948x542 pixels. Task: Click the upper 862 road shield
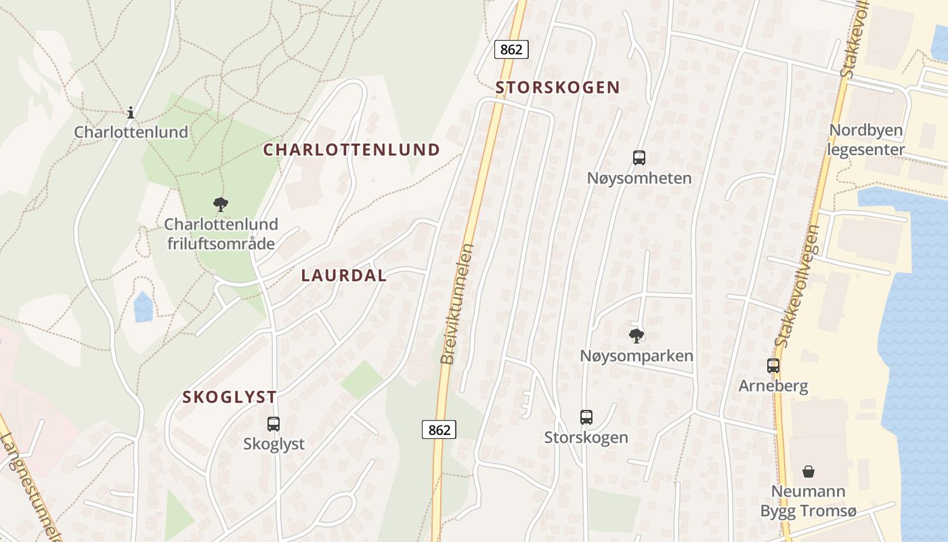[x=511, y=49]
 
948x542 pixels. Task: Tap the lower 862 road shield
[x=439, y=430]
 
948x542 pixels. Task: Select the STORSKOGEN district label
[x=557, y=87]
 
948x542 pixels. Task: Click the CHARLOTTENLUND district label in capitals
[x=351, y=150]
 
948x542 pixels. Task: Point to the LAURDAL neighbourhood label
[x=344, y=276]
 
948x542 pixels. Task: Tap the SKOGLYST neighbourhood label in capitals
[x=230, y=397]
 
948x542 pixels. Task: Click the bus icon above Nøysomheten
[x=639, y=158]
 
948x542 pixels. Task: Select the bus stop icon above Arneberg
[x=773, y=366]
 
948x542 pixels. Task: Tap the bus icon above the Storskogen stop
[x=586, y=417]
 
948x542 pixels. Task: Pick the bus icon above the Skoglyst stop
[x=274, y=424]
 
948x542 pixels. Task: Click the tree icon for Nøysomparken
[x=637, y=335]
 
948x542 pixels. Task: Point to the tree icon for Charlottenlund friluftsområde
[x=221, y=204]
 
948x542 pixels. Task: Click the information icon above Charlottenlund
[x=131, y=112]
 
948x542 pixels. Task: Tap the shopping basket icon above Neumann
[x=809, y=471]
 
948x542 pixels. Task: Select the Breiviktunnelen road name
[x=457, y=304]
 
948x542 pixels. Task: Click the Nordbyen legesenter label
[x=867, y=140]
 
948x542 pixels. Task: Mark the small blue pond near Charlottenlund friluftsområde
[x=144, y=307]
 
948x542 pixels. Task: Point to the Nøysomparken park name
[x=637, y=356]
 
